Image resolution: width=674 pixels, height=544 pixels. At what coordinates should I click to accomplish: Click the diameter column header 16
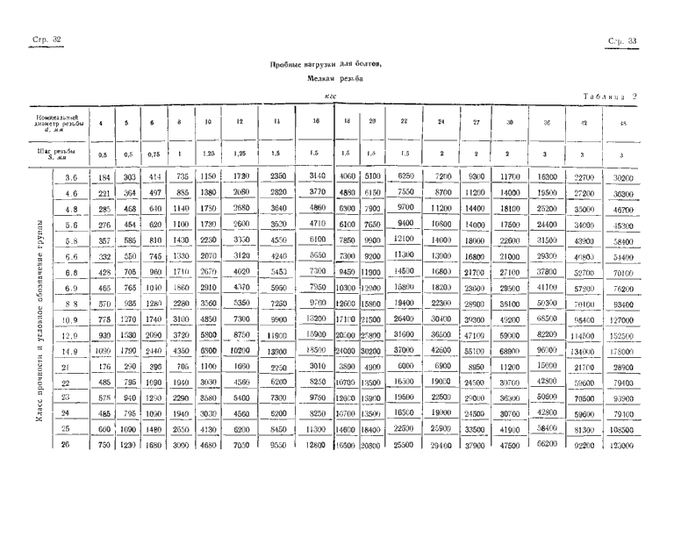click(x=314, y=122)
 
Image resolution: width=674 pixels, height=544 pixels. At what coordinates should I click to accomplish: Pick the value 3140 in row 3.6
click(x=314, y=176)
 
